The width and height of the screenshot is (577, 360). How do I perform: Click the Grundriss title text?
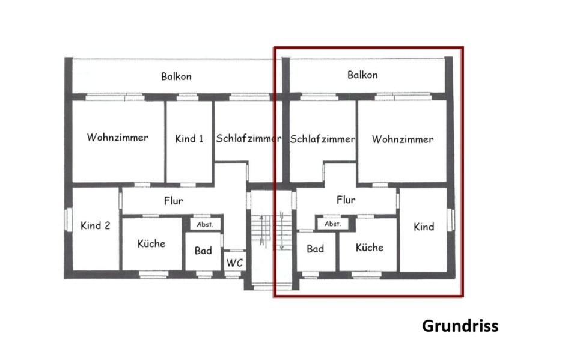pyautogui.click(x=460, y=326)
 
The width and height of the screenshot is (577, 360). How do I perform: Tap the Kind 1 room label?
pyautogui.click(x=189, y=139)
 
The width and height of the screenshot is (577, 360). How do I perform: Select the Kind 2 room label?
pyautogui.click(x=95, y=226)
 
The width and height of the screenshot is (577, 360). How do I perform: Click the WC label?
pyautogui.click(x=234, y=263)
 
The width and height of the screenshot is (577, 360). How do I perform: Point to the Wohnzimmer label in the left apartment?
pyautogui.click(x=117, y=138)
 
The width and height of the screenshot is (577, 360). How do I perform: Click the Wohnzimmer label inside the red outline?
pyautogui.click(x=402, y=139)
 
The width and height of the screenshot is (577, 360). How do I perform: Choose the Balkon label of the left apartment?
pyautogui.click(x=176, y=76)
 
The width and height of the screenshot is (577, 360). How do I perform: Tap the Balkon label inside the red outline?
pyautogui.click(x=362, y=75)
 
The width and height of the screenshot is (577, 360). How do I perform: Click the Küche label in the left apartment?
pyautogui.click(x=151, y=243)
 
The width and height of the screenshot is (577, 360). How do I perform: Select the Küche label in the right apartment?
pyautogui.click(x=369, y=247)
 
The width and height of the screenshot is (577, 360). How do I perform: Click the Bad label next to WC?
pyautogui.click(x=203, y=250)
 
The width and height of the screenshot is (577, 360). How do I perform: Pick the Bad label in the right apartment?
pyautogui.click(x=316, y=248)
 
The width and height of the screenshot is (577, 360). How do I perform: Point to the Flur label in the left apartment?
pyautogui.click(x=173, y=201)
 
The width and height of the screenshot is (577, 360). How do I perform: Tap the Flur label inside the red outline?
pyautogui.click(x=346, y=200)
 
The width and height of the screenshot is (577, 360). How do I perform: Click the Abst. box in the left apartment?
pyautogui.click(x=206, y=224)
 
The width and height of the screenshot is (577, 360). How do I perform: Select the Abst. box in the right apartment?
pyautogui.click(x=332, y=224)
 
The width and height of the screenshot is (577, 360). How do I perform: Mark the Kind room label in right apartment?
pyautogui.click(x=424, y=227)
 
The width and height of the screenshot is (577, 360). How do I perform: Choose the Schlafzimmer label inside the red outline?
pyautogui.click(x=323, y=139)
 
